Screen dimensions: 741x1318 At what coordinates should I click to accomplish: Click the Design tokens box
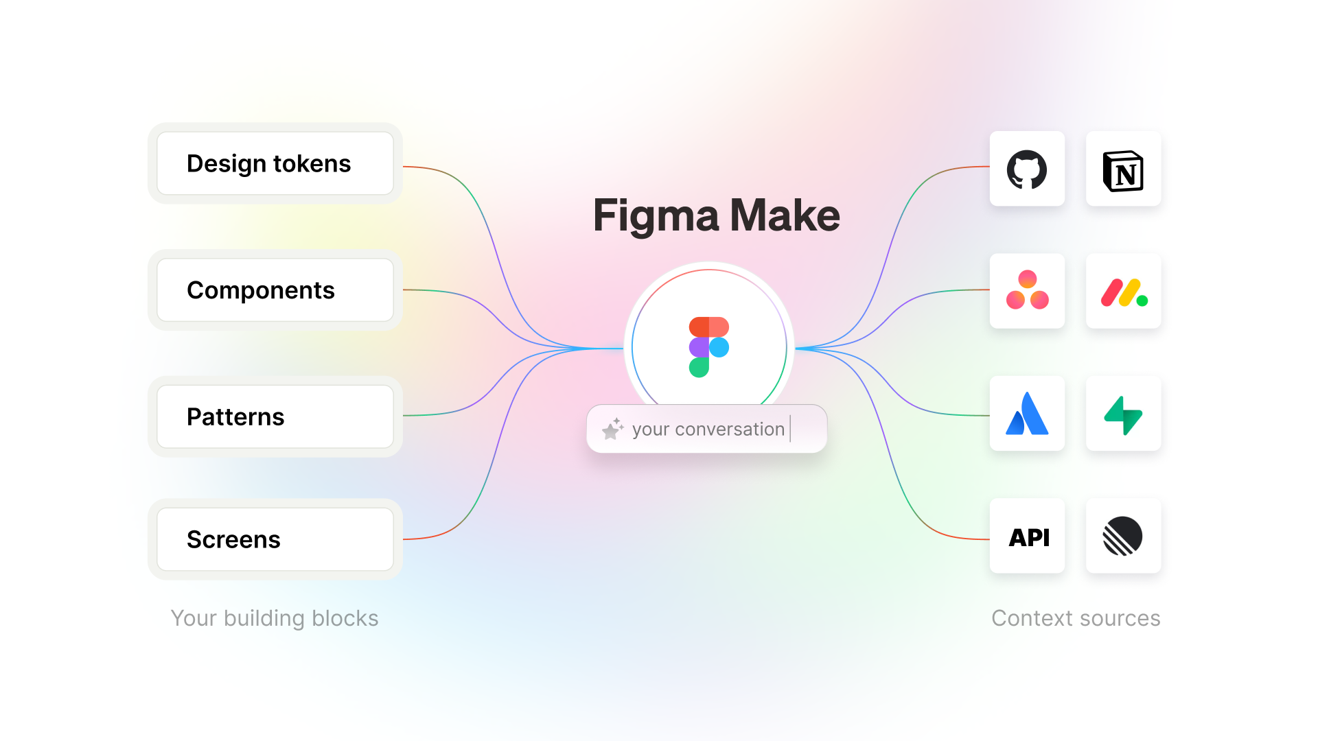pos(275,163)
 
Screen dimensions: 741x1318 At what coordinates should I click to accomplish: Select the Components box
pos(275,290)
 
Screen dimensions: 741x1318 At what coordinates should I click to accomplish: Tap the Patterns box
pos(275,416)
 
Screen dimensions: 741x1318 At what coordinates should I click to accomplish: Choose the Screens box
pos(275,539)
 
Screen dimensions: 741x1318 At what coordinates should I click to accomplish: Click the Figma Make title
pos(716,215)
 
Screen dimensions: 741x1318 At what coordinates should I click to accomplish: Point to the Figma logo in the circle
pos(708,347)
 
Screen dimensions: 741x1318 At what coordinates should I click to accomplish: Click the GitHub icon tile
pos(1027,169)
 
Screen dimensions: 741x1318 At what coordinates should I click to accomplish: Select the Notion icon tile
pos(1123,169)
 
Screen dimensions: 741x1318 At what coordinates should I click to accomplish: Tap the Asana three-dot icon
pos(1027,290)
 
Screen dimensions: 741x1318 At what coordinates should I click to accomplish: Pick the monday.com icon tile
pos(1123,292)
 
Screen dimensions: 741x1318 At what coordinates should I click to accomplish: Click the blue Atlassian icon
pos(1027,414)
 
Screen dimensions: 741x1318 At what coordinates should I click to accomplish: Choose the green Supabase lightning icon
pos(1123,414)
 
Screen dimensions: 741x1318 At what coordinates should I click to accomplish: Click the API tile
pos(1028,537)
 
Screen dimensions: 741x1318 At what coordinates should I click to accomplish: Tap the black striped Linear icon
pos(1122,537)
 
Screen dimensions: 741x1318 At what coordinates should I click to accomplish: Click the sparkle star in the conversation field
pos(612,429)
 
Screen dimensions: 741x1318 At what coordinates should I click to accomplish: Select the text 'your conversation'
pos(708,430)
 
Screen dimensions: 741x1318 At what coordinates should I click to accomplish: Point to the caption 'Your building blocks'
pos(275,618)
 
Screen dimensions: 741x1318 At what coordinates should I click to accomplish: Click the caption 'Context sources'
pos(1076,618)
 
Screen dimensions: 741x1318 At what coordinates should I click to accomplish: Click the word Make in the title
pos(785,215)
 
